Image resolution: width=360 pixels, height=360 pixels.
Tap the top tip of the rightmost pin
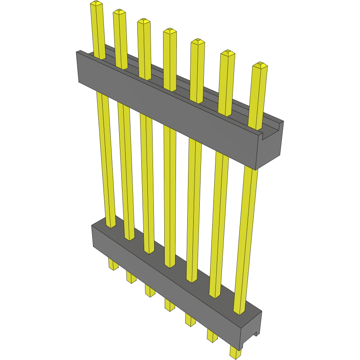click(260, 65)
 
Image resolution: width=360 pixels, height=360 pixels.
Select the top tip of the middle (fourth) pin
click(170, 31)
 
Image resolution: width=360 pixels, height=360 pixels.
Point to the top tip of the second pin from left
click(119, 12)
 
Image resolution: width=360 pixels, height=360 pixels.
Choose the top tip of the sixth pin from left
click(228, 53)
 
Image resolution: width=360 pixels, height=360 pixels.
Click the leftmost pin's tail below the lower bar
click(113, 265)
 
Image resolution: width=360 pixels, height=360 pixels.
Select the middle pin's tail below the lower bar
click(170, 304)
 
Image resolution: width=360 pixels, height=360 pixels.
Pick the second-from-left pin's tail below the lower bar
click(131, 277)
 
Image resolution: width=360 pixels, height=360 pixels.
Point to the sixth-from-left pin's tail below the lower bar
click(212, 335)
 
